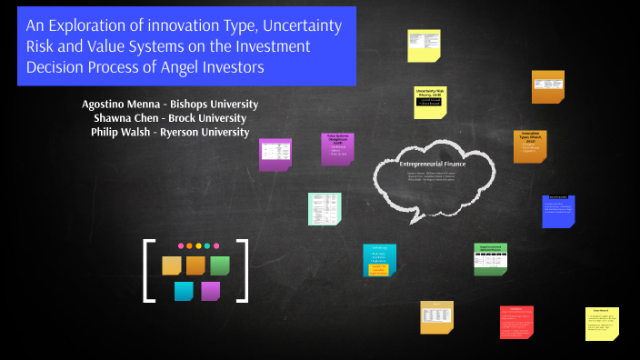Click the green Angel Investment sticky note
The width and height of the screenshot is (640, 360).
491,259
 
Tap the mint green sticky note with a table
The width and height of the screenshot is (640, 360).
325,208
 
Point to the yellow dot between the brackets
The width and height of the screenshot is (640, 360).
198,245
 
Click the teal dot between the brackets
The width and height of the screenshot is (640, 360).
207,245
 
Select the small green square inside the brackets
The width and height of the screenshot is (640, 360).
219,265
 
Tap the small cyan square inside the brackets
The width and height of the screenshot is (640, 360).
184,291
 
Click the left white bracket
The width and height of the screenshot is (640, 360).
147,270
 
